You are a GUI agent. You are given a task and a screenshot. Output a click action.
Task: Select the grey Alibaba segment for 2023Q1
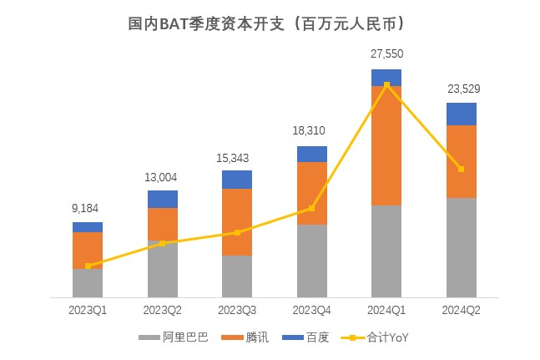pyautogui.click(x=88, y=282)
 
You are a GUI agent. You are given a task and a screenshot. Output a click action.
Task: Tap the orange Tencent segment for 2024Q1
pyautogui.click(x=386, y=145)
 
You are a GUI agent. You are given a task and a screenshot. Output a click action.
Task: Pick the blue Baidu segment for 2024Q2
pyautogui.click(x=462, y=114)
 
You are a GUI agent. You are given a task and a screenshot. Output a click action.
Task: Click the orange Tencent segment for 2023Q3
pyautogui.click(x=237, y=221)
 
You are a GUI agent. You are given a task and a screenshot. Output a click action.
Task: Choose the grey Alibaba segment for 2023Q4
pyautogui.click(x=312, y=260)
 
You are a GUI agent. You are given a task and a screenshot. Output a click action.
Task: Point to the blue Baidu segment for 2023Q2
pyautogui.click(x=163, y=199)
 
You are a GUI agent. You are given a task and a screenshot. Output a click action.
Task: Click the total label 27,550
pyautogui.click(x=386, y=53)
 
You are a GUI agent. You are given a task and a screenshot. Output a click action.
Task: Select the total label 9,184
pyautogui.click(x=88, y=207)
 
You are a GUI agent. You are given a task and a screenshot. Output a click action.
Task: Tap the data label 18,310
pyautogui.click(x=312, y=130)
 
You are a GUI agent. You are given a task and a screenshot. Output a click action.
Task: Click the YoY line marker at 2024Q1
pyautogui.click(x=386, y=85)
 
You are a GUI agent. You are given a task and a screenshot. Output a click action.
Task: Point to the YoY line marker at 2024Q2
pyautogui.click(x=462, y=169)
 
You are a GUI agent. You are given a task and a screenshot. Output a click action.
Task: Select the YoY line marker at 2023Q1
pyautogui.click(x=88, y=266)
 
